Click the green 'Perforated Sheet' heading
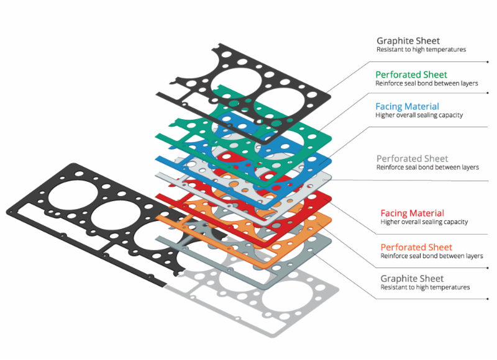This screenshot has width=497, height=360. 411,74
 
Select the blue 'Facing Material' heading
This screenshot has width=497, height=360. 407,106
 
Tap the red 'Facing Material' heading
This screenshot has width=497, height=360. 412,213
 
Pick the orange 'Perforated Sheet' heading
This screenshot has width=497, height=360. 416,247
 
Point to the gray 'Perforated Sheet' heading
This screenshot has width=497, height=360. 412,159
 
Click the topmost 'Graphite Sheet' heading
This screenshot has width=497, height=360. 408,41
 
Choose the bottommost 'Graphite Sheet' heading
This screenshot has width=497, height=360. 412,279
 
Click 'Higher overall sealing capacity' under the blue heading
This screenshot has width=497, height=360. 419,115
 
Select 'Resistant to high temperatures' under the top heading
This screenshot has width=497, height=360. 421,50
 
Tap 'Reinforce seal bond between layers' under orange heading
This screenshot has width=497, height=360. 431,256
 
